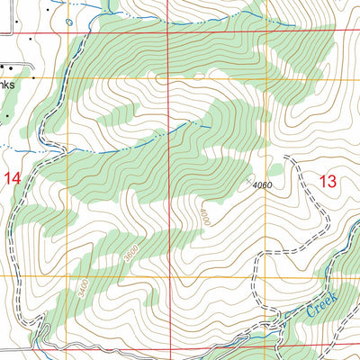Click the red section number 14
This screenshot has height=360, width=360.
tap(12, 178)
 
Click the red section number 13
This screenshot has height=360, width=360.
tap(328, 181)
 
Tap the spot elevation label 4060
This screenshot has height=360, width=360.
tap(262, 185)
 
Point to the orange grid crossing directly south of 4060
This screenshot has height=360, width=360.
tap(269, 277)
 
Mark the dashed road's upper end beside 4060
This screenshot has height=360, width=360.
tap(286, 159)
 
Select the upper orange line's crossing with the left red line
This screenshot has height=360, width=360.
tap(168, 78)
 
